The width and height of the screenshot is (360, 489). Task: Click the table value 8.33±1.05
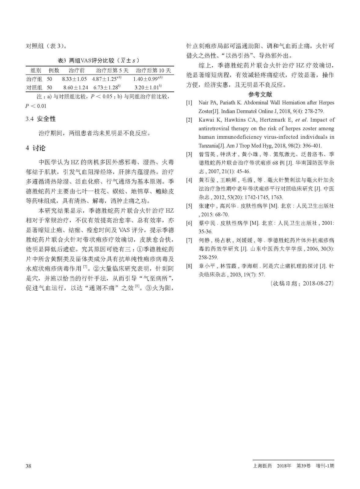pyautogui.click(x=74, y=79)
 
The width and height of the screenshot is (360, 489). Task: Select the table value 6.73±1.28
pyautogui.click(x=105, y=87)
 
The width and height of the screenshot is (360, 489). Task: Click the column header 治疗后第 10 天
pyautogui.click(x=153, y=71)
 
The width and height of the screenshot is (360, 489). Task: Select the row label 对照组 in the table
pyautogui.click(x=34, y=87)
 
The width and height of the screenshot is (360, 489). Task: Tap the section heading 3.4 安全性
pyautogui.click(x=41, y=119)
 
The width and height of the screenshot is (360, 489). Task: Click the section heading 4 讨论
pyautogui.click(x=35, y=148)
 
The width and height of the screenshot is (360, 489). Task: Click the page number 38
pyautogui.click(x=28, y=466)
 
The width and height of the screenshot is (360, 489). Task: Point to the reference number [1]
pyautogui.click(x=190, y=103)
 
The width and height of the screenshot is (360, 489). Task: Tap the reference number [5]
pyautogui.click(x=190, y=206)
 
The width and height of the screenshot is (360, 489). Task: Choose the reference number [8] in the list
pyautogui.click(x=190, y=266)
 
